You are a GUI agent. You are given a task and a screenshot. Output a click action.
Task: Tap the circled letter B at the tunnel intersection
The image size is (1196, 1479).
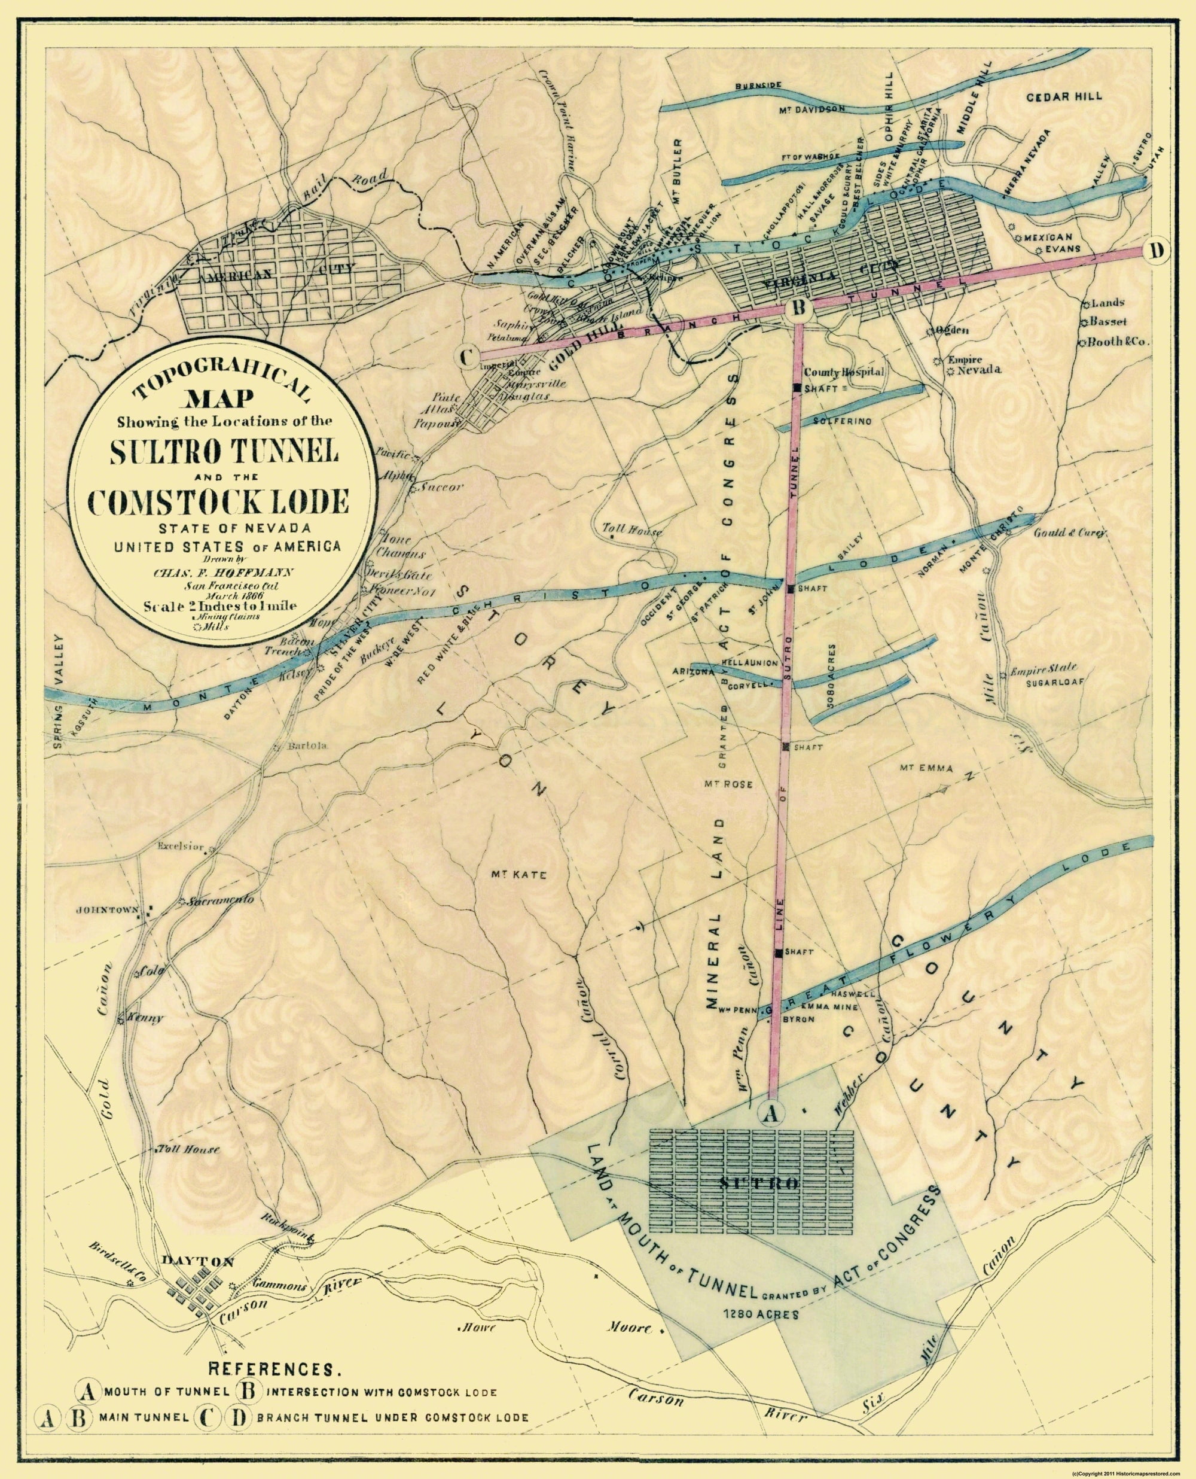pyautogui.click(x=797, y=309)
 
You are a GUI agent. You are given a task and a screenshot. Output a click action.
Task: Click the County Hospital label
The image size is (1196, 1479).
pyautogui.click(x=843, y=372)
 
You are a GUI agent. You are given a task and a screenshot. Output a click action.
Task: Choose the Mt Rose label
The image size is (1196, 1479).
pyautogui.click(x=728, y=784)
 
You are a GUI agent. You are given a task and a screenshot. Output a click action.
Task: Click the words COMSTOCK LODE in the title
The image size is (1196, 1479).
pyautogui.click(x=218, y=503)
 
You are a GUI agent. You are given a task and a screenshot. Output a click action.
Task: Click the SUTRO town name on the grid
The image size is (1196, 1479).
pyautogui.click(x=758, y=1185)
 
